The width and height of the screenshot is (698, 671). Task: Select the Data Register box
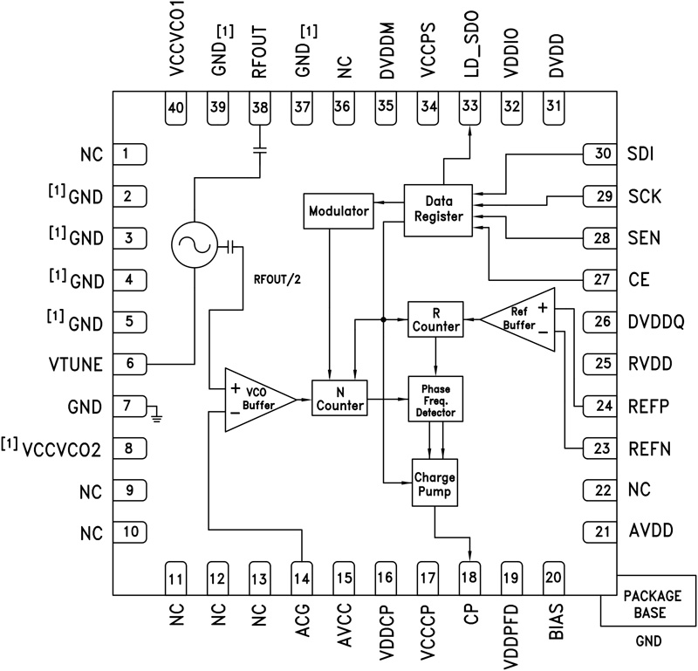pos(438,209)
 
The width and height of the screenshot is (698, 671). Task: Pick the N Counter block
pos(339,398)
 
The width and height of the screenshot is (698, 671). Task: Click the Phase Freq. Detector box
pos(435,398)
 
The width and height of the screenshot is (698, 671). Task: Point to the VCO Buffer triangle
pos(250,398)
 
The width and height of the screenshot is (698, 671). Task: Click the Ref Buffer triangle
pos(522,319)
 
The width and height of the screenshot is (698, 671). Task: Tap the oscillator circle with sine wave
pos(192,247)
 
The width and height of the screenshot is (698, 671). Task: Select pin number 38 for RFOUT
pos(259,107)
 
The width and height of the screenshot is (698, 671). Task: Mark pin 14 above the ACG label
pos(301,577)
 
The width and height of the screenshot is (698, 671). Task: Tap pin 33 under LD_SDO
pos(470,107)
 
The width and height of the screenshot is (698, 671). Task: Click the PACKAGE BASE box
pos(647,601)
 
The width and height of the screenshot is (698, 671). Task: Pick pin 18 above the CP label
pos(470,577)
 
